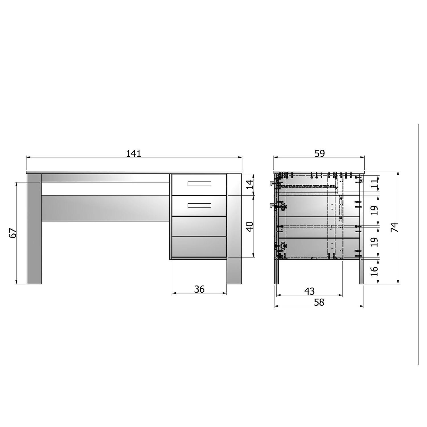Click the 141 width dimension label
pyautogui.click(x=134, y=154)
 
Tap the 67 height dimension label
pyautogui.click(x=13, y=233)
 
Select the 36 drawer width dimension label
pyautogui.click(x=199, y=289)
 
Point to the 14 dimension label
pyautogui.click(x=249, y=184)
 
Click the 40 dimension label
pyautogui.click(x=249, y=227)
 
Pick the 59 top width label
pyautogui.click(x=320, y=153)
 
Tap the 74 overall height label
pyautogui.click(x=395, y=227)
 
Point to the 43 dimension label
pyautogui.click(x=309, y=291)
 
